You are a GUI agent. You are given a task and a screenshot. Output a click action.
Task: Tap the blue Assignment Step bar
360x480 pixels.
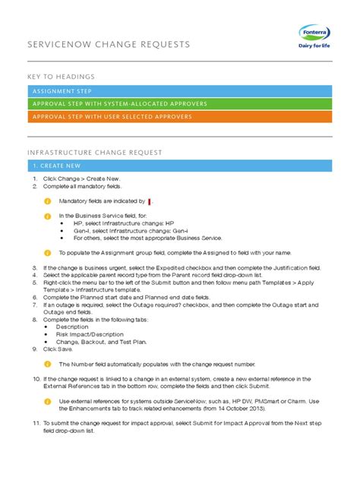pyautogui.click(x=179, y=91)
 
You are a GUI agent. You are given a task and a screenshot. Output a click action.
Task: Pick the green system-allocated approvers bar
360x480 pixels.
pyautogui.click(x=179, y=104)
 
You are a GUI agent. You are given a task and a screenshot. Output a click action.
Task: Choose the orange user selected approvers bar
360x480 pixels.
pyautogui.click(x=179, y=117)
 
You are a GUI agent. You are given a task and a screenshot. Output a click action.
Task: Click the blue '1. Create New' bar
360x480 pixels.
pyautogui.click(x=179, y=166)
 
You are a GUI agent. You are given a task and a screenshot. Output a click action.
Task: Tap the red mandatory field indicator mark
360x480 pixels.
pyautogui.click(x=150, y=201)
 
